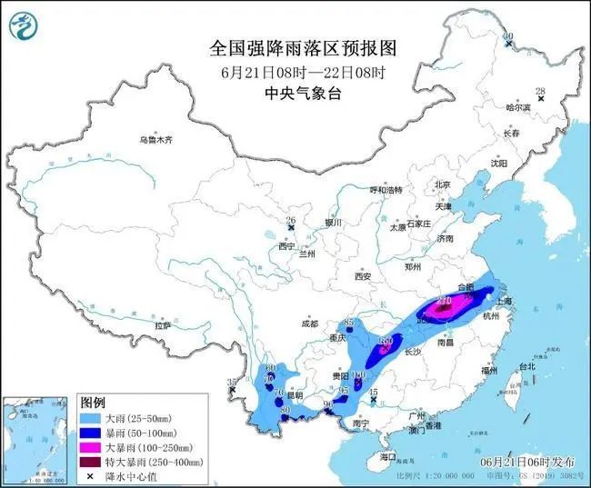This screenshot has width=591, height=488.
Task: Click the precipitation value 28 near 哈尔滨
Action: (540, 91)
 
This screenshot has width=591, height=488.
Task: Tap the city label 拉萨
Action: (163, 324)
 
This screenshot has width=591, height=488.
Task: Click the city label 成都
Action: (309, 324)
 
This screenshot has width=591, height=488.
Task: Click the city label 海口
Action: (388, 455)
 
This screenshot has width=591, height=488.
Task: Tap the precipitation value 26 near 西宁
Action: (291, 221)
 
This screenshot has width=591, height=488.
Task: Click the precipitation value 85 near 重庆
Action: (350, 323)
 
